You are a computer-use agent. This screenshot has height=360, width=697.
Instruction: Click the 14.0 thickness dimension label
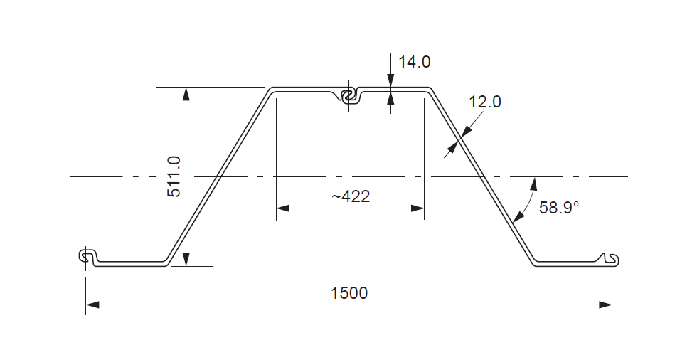click(x=414, y=62)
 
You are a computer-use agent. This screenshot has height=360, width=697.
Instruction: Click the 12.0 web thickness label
click(x=485, y=102)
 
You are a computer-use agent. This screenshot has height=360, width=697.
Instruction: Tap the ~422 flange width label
click(x=351, y=196)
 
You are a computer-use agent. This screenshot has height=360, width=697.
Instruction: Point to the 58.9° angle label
click(x=559, y=208)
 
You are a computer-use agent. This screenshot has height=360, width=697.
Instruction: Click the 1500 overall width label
click(x=349, y=292)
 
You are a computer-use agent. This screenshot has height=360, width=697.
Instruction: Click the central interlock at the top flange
click(x=348, y=96)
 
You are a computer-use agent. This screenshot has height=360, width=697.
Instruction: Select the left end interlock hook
click(x=87, y=257)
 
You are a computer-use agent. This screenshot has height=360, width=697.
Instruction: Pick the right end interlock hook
click(x=611, y=258)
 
